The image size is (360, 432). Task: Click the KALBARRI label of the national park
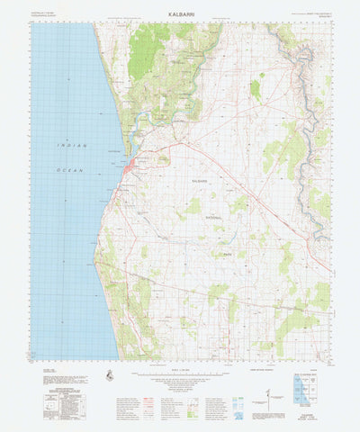(x=204, y=182)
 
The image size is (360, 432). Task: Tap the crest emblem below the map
(x=111, y=375)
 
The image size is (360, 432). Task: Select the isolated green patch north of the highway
(x=256, y=89)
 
